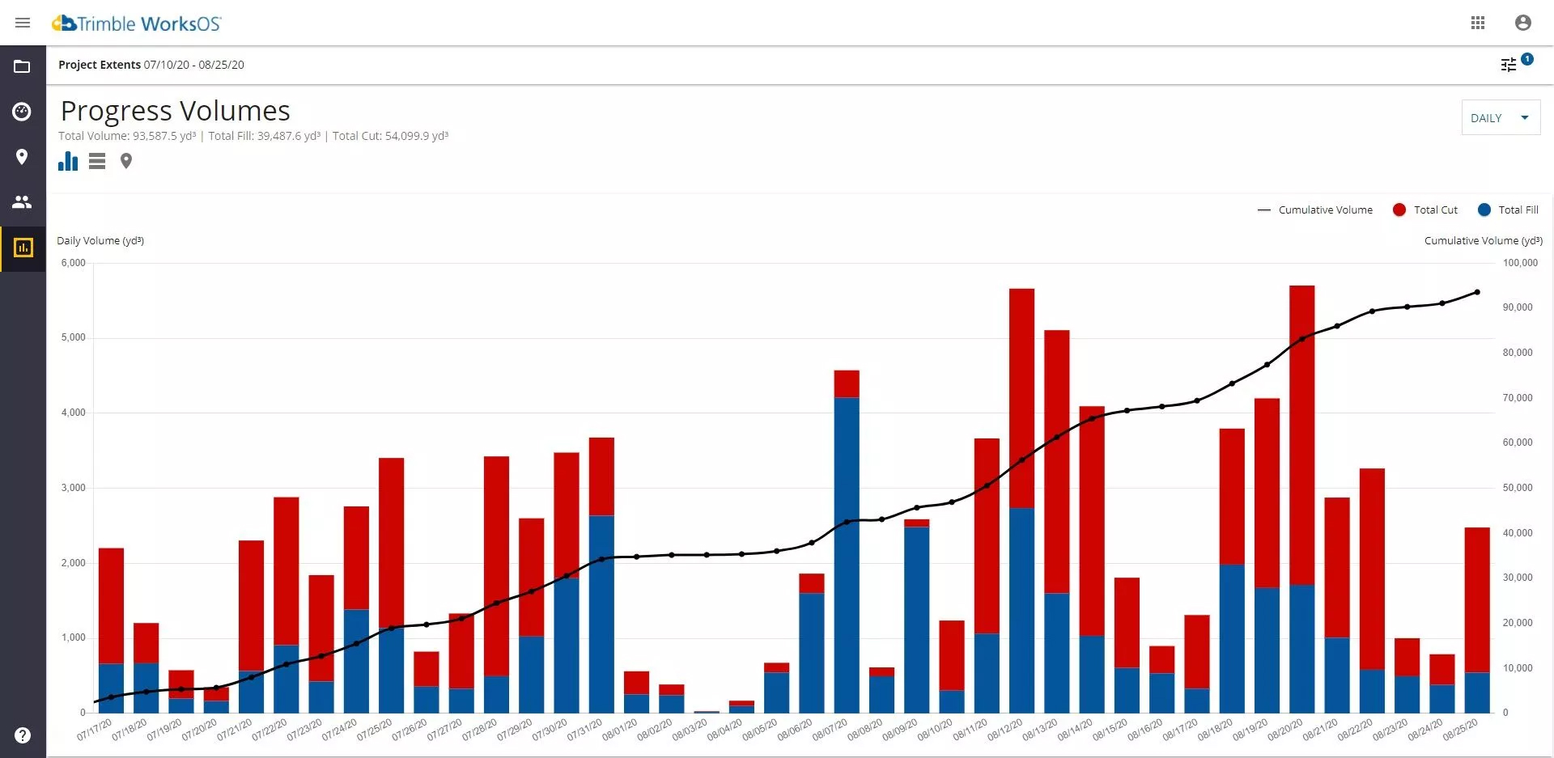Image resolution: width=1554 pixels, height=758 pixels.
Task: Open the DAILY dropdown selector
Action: (x=1500, y=118)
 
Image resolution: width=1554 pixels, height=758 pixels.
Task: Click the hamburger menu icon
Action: (x=23, y=23)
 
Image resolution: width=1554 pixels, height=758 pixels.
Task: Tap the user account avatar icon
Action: (x=1522, y=23)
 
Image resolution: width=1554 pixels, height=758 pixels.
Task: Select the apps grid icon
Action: (x=1478, y=23)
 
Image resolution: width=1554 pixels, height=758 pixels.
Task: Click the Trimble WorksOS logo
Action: (x=137, y=23)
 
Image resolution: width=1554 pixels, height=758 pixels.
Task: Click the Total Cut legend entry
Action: (x=1425, y=210)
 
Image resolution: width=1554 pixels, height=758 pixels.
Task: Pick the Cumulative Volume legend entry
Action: (x=1315, y=210)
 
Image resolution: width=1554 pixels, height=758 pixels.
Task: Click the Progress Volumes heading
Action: (x=176, y=111)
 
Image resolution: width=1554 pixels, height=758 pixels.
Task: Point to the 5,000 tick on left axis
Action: (x=74, y=337)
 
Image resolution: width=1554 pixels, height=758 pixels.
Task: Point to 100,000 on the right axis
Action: (x=1520, y=263)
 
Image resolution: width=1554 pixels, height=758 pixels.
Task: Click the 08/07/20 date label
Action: (x=829, y=730)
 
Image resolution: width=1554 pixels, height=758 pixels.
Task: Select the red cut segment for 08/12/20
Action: (x=1021, y=396)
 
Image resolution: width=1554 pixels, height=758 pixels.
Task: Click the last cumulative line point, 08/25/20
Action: (x=1477, y=292)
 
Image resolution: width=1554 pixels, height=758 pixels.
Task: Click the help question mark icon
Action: (x=23, y=735)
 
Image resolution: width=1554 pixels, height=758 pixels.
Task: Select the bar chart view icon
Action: (x=68, y=161)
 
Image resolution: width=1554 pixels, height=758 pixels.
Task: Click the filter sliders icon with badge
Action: (x=1509, y=65)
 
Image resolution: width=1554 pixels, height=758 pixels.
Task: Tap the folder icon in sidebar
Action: (x=22, y=66)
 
